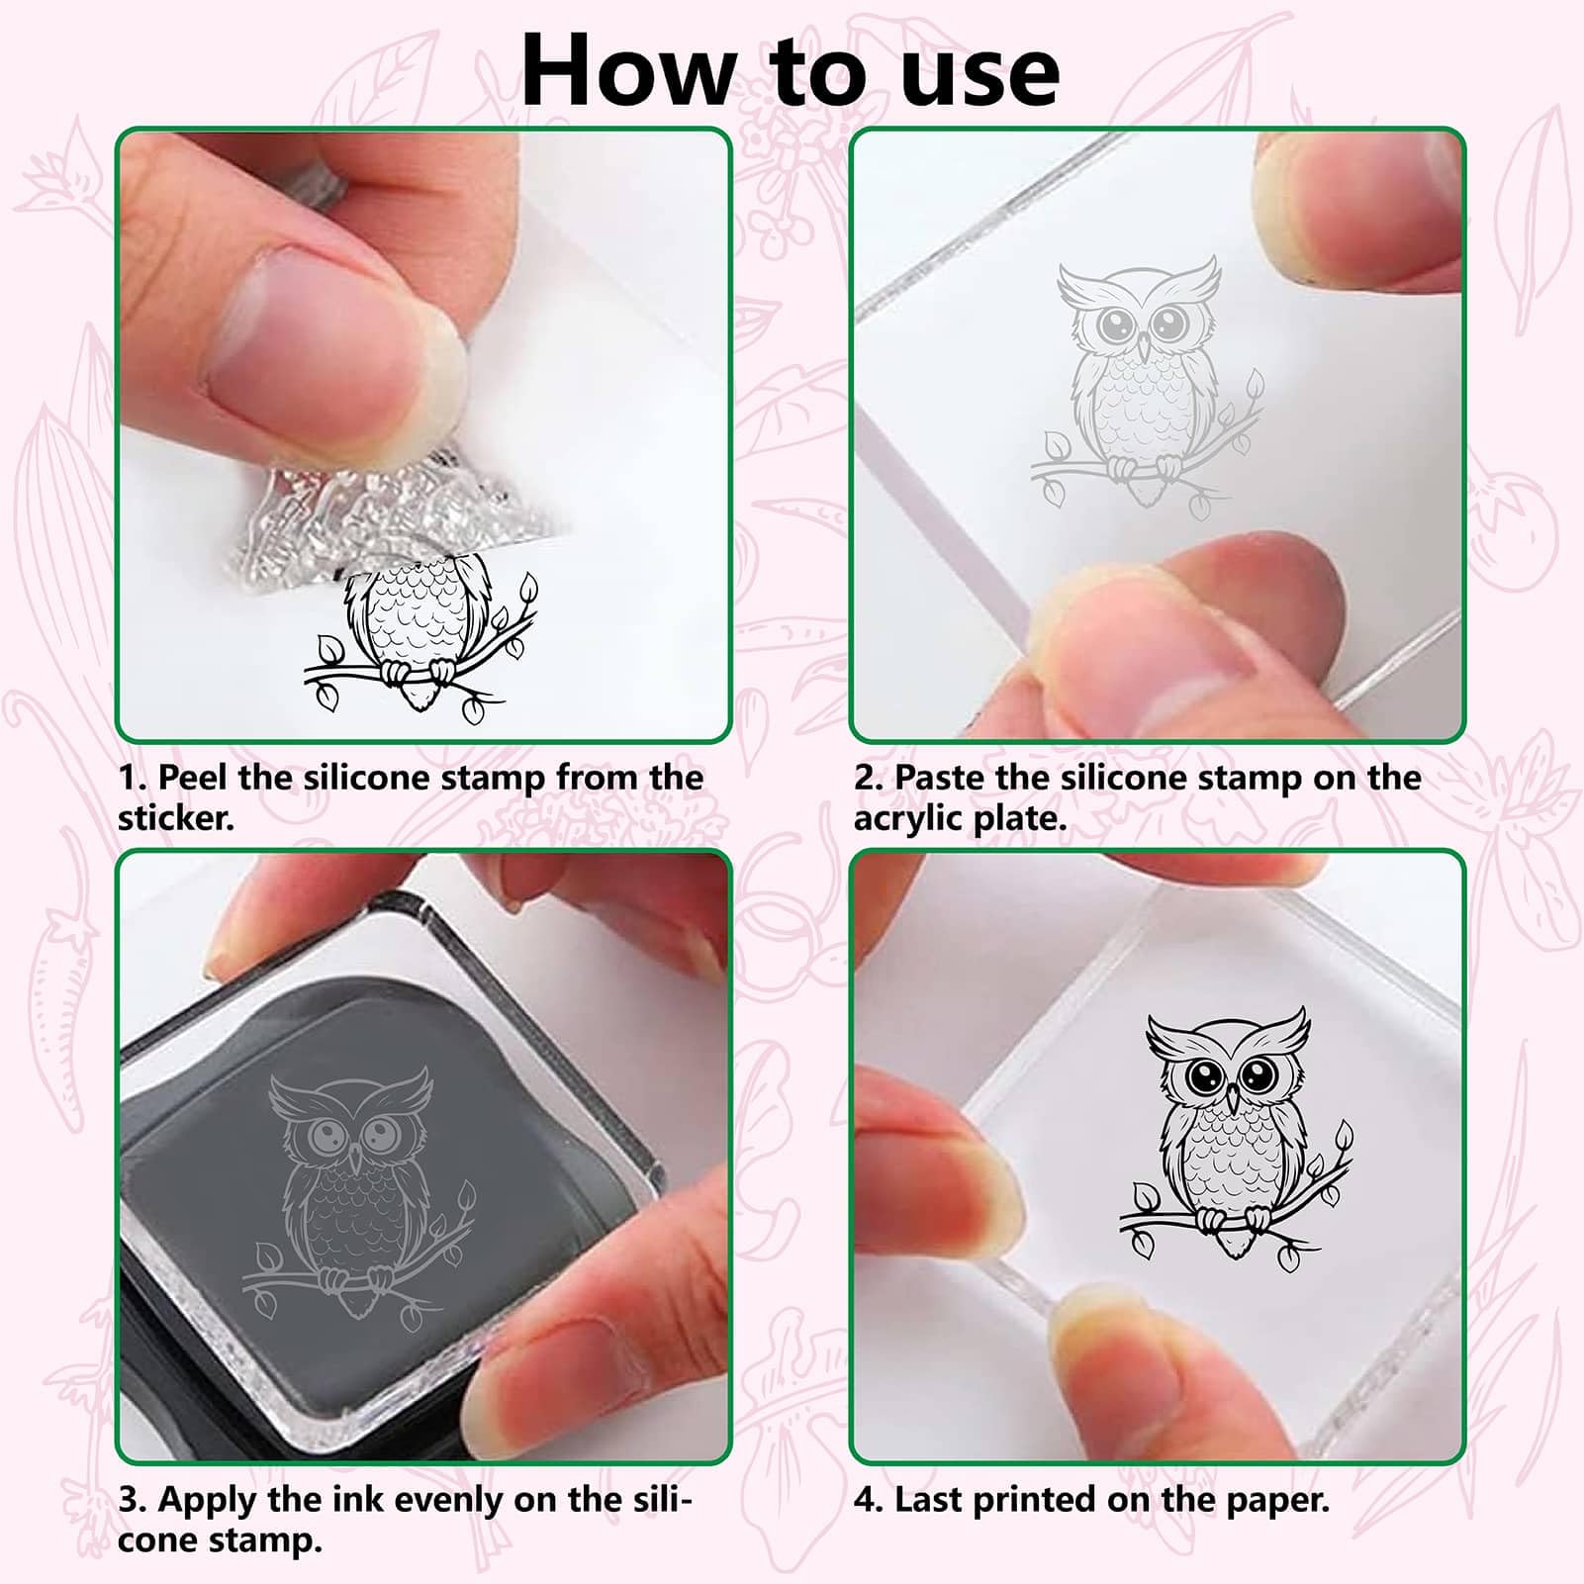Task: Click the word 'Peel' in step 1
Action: click(x=193, y=778)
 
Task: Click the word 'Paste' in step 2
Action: click(x=939, y=778)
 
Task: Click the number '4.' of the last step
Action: click(x=868, y=1500)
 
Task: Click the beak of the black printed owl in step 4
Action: click(x=1233, y=1098)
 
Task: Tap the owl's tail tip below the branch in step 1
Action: click(x=420, y=699)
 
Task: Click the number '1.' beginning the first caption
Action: click(x=133, y=778)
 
